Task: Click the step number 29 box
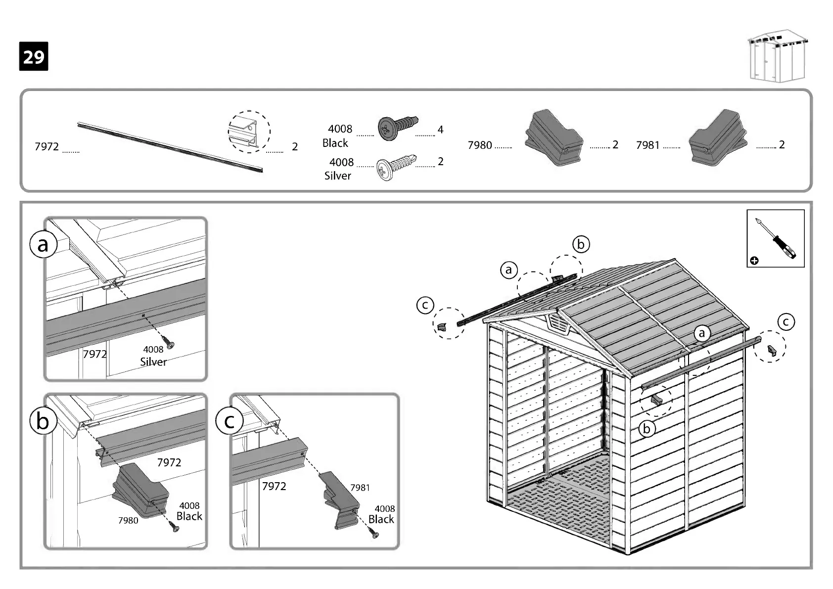tap(34, 56)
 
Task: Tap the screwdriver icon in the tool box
tap(776, 238)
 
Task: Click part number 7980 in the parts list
tap(480, 145)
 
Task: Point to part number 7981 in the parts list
tap(648, 145)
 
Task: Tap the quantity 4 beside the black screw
tap(440, 130)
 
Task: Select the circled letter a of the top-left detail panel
tap(43, 244)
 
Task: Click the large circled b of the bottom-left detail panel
tap(43, 421)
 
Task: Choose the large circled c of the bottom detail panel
tap(229, 421)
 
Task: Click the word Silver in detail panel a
tap(153, 362)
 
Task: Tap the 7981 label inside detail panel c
tap(360, 488)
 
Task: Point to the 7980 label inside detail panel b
tap(128, 520)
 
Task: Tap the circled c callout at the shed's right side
tap(786, 322)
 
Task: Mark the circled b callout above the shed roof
tap(581, 244)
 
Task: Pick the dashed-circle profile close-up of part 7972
tap(249, 132)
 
